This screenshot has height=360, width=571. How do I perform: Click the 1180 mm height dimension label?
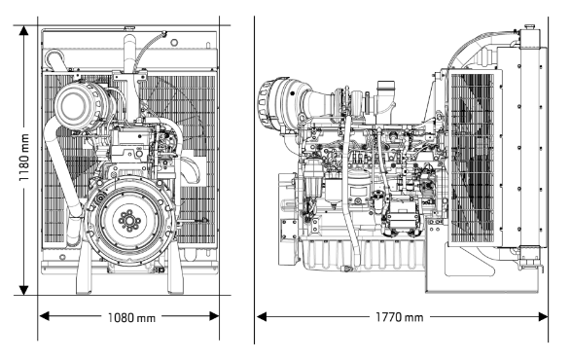(24, 158)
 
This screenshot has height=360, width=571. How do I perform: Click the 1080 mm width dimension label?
(131, 318)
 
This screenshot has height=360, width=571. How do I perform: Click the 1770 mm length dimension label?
(400, 317)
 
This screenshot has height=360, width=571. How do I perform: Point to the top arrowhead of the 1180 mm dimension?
(24, 30)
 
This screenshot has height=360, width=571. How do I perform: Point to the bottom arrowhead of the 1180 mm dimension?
(24, 290)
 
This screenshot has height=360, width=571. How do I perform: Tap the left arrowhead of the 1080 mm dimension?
(44, 316)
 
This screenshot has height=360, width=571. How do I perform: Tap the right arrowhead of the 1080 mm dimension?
(214, 316)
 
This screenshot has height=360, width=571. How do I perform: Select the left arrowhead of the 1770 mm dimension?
(261, 316)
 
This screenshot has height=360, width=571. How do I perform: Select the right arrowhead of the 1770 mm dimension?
(543, 316)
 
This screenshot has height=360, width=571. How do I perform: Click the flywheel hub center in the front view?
(129, 220)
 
